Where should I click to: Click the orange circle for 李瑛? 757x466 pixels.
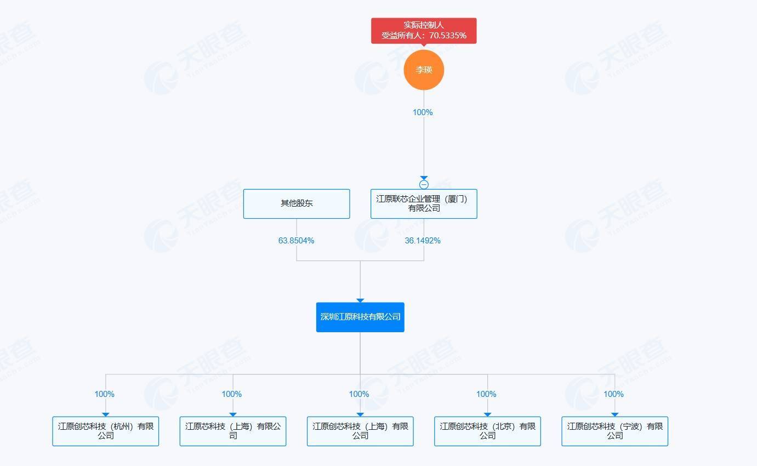point(423,70)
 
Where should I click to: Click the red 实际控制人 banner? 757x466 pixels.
point(423,31)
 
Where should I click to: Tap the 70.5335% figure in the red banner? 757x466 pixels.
point(448,36)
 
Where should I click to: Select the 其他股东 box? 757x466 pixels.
point(296,203)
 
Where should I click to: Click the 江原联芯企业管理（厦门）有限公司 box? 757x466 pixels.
point(423,203)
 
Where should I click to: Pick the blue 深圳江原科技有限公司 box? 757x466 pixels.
point(360,317)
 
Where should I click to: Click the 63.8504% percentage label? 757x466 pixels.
point(296,241)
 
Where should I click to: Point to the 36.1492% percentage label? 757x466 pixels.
point(423,241)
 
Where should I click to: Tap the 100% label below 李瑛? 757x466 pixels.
point(423,112)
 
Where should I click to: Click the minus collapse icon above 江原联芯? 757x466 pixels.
point(423,185)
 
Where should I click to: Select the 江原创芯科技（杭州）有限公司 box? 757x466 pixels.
point(105,431)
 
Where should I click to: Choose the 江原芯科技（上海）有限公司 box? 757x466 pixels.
point(232,431)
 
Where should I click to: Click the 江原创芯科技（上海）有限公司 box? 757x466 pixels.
point(360,431)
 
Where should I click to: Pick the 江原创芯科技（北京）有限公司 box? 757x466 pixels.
point(487,431)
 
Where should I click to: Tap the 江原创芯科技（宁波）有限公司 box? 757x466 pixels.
point(614,431)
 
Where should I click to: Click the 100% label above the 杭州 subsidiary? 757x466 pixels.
point(105,394)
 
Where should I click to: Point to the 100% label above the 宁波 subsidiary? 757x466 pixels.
point(613,394)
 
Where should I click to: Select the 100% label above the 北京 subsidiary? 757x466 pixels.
point(486,394)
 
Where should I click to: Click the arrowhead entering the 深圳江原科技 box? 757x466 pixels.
point(360,300)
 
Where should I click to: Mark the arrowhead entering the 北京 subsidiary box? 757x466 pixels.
point(487,414)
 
